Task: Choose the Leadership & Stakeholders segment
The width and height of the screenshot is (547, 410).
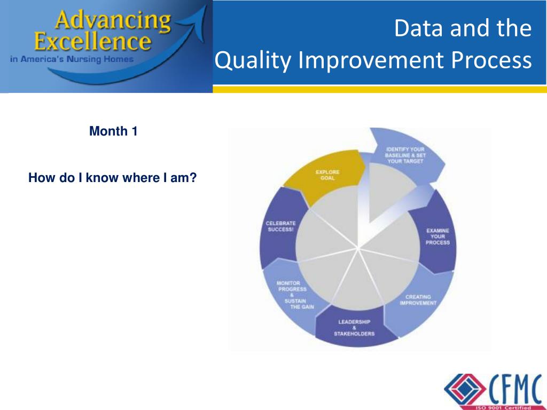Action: [x=354, y=328]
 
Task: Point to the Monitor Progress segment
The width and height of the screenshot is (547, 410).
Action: [x=295, y=295]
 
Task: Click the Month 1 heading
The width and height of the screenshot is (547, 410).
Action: [x=113, y=131]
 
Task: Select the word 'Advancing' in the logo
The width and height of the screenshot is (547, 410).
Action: [x=113, y=21]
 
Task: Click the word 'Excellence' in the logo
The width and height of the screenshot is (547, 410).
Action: [x=93, y=42]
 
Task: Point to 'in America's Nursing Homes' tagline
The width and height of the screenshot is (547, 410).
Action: [x=72, y=59]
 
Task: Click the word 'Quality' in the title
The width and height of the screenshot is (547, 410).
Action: [x=253, y=60]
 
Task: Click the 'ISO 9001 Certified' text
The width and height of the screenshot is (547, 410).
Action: [x=504, y=407]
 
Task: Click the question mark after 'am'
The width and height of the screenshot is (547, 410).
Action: [x=193, y=178]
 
